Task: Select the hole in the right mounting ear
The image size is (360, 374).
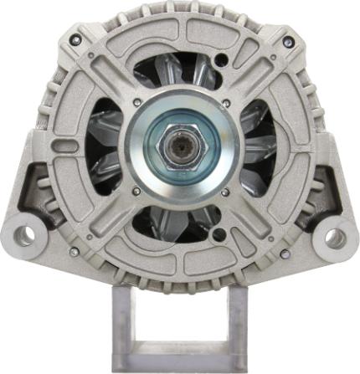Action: (335, 238)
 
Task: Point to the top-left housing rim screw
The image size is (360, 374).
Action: (77, 39)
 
